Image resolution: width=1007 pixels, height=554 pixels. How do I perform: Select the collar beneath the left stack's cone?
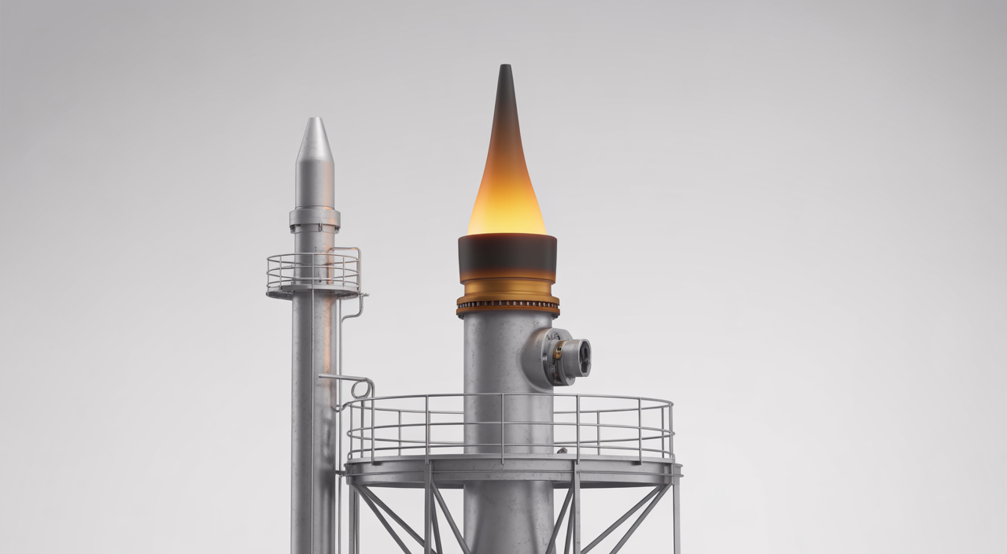pos(315,218)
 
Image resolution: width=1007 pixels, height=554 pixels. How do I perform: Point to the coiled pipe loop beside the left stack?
pos(363,387)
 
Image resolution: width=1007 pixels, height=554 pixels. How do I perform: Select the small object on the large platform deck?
pos(561,451)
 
